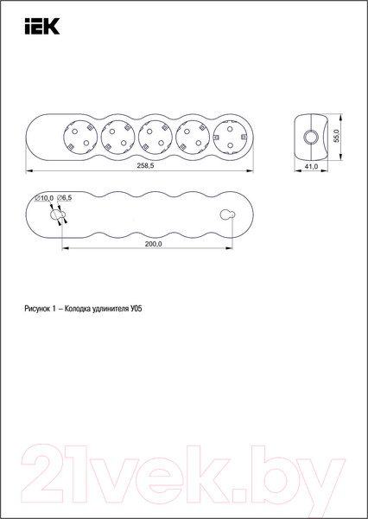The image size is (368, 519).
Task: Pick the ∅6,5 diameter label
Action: pyautogui.click(x=64, y=198)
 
